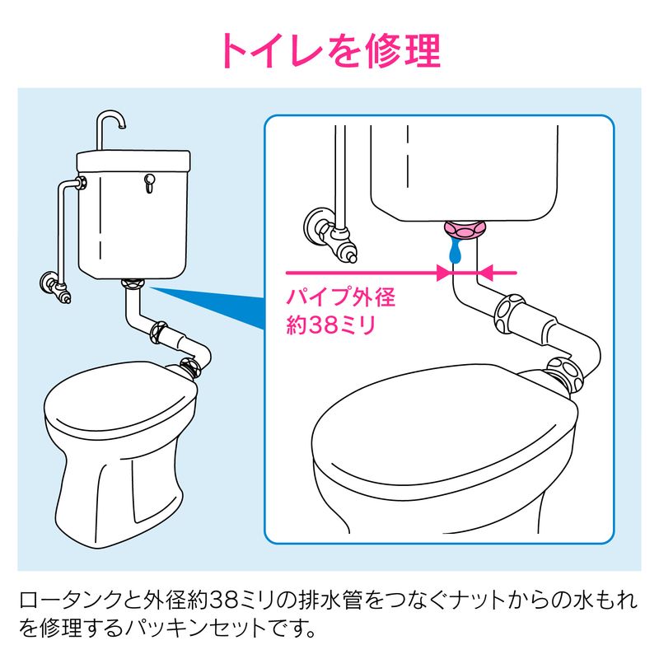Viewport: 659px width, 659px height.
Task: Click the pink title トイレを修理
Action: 331,50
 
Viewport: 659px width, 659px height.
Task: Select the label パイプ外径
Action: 341,297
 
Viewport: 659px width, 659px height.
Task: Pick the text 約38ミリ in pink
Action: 331,325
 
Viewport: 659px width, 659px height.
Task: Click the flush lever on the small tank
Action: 149,183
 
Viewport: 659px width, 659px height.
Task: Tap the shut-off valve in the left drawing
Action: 55,286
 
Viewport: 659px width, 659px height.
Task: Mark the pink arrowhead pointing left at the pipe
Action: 485,273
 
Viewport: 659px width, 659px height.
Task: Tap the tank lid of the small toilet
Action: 133,161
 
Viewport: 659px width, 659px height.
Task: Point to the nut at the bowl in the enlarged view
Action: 564,374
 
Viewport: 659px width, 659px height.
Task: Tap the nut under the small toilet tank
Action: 133,283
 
